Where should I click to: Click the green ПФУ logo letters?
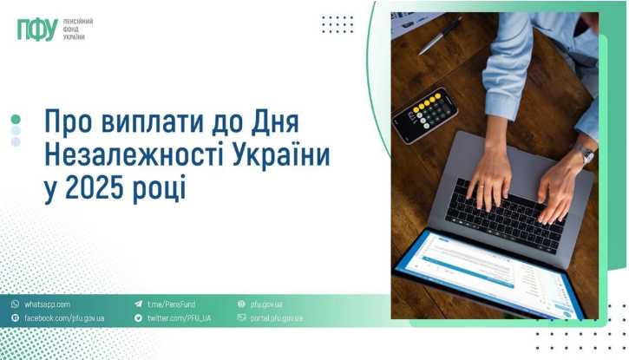pos(37,29)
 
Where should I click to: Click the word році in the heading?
pos(162,187)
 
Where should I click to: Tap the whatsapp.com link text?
pos(47,304)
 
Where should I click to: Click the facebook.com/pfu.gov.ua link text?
pos(64,318)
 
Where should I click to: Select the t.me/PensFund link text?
pos(171,304)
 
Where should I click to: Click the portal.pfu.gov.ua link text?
pos(277,318)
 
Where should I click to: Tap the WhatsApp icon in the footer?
pos(15,304)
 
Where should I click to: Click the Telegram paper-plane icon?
pos(139,304)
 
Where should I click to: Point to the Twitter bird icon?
pos(139,318)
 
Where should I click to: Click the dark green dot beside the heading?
pos(16,119)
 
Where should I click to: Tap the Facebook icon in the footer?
pos(15,318)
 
